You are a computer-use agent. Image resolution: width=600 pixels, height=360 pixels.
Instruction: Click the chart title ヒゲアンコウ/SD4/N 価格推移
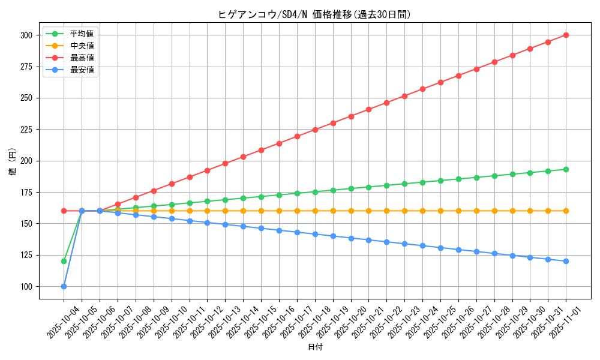coord(314,14)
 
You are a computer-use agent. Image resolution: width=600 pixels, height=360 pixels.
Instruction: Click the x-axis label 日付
coord(315,347)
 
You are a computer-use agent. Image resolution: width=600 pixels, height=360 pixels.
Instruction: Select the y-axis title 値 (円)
coord(13,161)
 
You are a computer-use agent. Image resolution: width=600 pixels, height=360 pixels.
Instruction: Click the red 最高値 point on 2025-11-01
coord(566,35)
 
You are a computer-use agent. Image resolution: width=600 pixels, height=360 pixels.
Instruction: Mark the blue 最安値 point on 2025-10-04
coord(64,286)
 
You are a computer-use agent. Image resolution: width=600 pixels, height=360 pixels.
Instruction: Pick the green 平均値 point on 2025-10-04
coord(64,261)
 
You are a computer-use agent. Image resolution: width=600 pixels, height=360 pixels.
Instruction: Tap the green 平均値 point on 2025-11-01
coord(566,169)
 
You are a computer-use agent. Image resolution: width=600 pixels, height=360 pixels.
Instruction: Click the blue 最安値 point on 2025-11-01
coord(566,261)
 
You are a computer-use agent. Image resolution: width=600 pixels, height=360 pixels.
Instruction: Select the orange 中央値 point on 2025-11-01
coord(566,211)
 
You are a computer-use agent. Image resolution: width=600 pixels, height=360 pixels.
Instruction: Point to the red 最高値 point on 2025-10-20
coord(351,116)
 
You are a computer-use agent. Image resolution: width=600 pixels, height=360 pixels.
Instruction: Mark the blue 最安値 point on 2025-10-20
coord(351,238)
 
